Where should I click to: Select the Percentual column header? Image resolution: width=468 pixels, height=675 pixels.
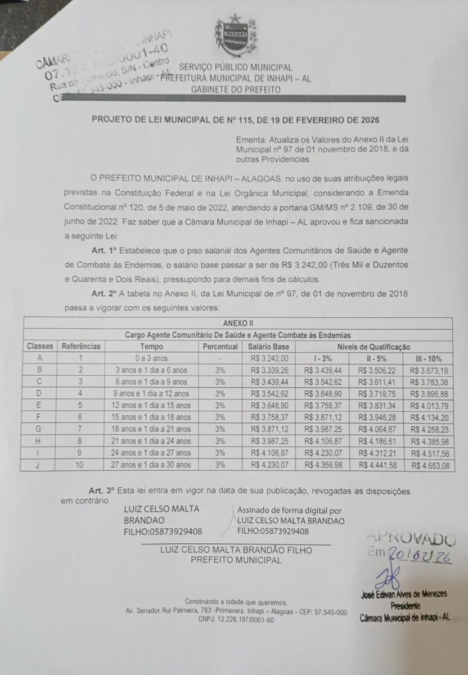click(x=220, y=347)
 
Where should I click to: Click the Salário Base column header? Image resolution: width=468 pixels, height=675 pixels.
click(x=268, y=347)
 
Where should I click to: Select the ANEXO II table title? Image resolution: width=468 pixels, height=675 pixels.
click(x=238, y=323)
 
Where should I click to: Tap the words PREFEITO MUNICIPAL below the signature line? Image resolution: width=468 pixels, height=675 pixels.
click(x=236, y=560)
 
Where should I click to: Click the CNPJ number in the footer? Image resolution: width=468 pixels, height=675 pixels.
click(x=236, y=619)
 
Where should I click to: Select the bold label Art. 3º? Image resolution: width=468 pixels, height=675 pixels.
click(x=102, y=491)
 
